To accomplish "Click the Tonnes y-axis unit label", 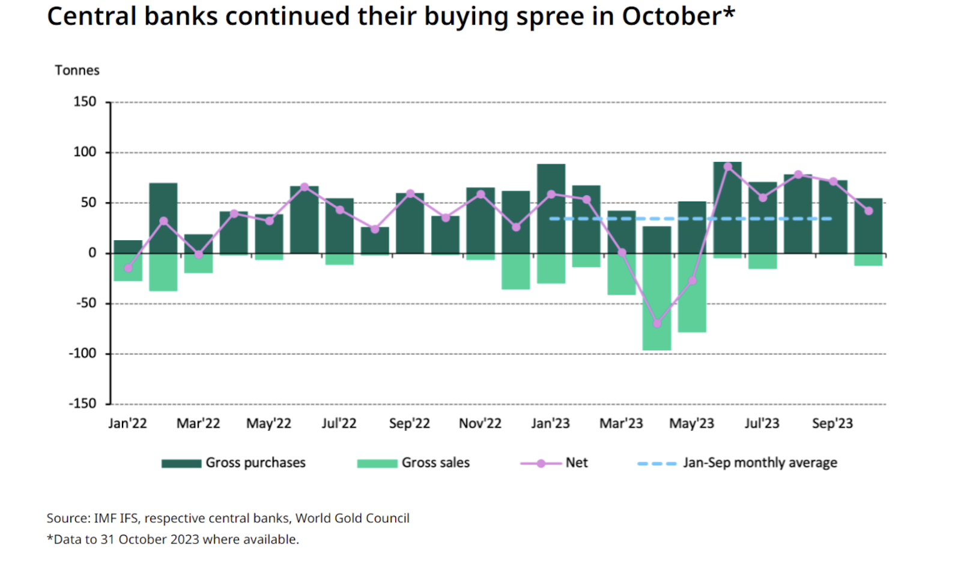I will tap(77, 70).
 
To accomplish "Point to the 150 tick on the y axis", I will tap(85, 102).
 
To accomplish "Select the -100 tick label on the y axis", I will tap(82, 354).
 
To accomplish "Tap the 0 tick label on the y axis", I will tap(92, 253).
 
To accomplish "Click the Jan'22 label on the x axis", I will tap(127, 424).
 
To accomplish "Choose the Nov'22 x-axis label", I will tap(480, 424).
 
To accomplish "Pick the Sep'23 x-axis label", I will tap(832, 424).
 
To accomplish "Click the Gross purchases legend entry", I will tap(255, 463).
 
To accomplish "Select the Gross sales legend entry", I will tap(435, 463).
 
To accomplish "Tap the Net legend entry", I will tap(576, 463).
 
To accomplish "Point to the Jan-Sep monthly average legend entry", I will tap(760, 463).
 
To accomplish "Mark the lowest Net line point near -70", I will tap(657, 324).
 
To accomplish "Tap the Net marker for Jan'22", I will tap(128, 268).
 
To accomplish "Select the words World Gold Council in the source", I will tap(352, 519).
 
